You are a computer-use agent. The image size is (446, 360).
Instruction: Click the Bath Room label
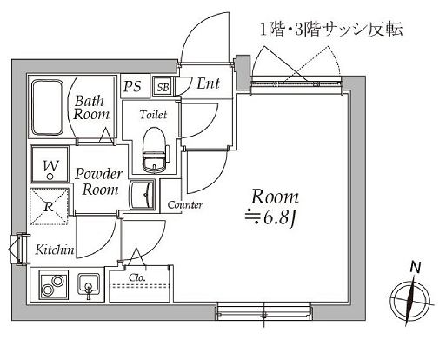tap(90, 106)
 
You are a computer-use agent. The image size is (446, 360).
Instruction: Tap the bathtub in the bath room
tap(49, 108)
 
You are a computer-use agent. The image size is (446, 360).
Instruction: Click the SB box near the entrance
tap(162, 85)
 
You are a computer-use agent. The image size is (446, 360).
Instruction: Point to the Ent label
tap(209, 84)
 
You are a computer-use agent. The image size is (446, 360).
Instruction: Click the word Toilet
tap(153, 114)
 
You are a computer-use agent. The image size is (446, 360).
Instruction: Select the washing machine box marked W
tap(50, 165)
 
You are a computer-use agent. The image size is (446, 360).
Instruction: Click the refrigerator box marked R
tap(50, 208)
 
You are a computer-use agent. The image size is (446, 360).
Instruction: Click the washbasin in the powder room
tap(143, 193)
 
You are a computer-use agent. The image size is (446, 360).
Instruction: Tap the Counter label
tap(185, 205)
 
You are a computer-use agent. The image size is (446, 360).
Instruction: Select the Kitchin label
tap(54, 250)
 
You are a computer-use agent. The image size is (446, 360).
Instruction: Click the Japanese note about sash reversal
tap(329, 30)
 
